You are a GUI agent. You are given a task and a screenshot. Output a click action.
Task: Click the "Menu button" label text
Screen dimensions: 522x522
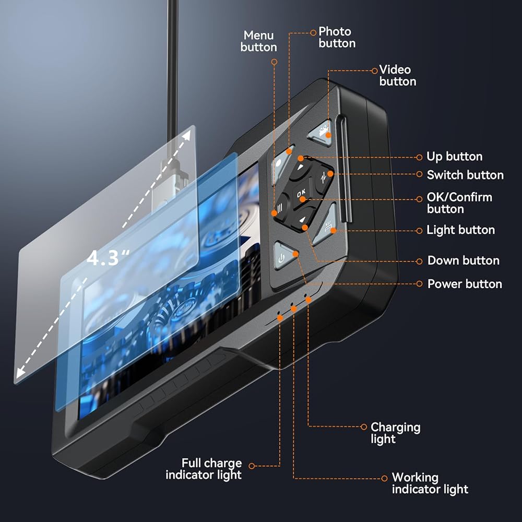point(259,41)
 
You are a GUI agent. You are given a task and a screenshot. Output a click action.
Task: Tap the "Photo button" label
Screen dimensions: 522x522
point(337,37)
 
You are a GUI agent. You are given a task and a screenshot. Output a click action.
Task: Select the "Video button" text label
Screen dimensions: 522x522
point(397,76)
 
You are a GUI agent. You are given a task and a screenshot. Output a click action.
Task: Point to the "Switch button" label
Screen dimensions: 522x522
point(465,175)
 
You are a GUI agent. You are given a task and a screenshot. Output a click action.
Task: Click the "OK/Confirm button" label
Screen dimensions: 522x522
point(459,203)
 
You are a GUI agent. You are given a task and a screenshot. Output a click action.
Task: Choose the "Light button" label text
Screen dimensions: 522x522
point(461,230)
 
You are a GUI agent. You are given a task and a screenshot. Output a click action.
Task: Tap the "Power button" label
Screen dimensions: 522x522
point(465,284)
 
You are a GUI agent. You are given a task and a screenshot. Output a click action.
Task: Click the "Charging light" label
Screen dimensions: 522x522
point(396,433)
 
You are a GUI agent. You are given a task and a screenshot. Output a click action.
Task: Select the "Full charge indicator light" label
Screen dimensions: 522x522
point(204,469)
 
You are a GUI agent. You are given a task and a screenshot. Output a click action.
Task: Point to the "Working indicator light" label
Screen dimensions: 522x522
point(430,483)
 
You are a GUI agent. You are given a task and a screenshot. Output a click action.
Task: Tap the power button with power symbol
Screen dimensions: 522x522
point(284,256)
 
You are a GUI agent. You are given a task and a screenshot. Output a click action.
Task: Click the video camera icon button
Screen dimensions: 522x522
point(321,133)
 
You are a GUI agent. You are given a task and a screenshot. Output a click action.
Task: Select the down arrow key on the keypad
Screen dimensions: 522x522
point(303,219)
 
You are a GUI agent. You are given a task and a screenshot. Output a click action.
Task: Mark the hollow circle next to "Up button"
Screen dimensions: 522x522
point(420,158)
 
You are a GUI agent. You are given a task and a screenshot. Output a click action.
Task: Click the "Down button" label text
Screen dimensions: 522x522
point(464,260)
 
